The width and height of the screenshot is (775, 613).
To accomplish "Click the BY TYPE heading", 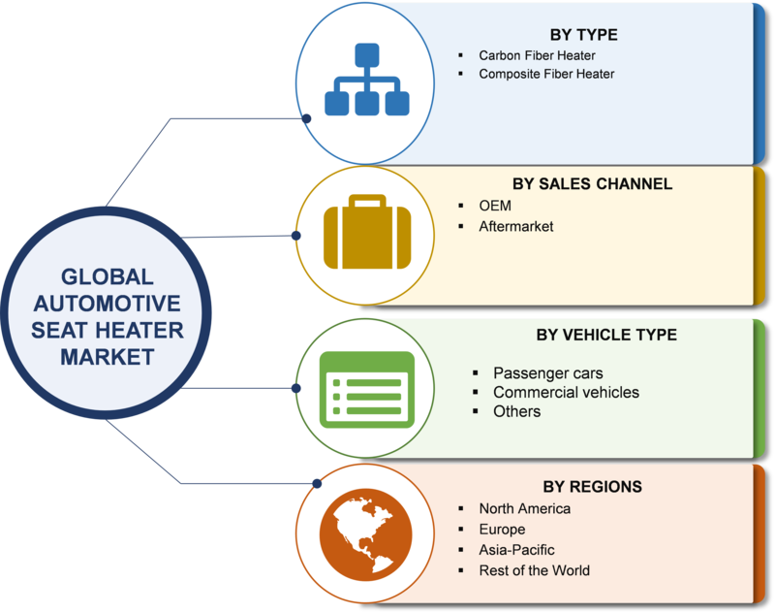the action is pos(584,35).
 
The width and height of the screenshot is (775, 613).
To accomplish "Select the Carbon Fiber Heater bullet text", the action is pos(537,55).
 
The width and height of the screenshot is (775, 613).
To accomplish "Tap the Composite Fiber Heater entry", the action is pos(546,74).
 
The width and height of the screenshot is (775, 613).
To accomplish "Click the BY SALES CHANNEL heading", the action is pos(592,183).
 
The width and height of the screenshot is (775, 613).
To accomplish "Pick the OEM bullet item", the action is pos(495,206).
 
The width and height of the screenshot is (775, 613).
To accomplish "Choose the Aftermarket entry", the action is pos(516,226).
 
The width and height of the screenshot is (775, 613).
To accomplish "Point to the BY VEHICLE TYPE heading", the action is pos(606,335).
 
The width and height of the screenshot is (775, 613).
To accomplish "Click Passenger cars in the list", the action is pos(547,373).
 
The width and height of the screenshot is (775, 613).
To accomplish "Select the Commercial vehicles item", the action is pos(566,393).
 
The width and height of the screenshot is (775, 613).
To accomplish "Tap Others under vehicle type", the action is pos(516,411).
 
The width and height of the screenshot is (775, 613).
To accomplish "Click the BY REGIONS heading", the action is pos(592,486).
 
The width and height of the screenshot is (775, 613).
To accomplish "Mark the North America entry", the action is pos(524,508).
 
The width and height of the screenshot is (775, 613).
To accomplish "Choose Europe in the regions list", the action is pos(502,530).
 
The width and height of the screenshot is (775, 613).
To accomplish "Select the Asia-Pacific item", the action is pos(516,550).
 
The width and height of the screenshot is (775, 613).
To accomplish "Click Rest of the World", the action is pos(534,570).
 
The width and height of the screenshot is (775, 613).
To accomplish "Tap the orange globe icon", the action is pos(366,534).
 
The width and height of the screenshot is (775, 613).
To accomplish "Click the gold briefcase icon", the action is pos(367,232).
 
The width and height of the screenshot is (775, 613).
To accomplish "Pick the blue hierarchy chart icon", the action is pos(367,80).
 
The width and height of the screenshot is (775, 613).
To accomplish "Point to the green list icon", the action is pos(367,389).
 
